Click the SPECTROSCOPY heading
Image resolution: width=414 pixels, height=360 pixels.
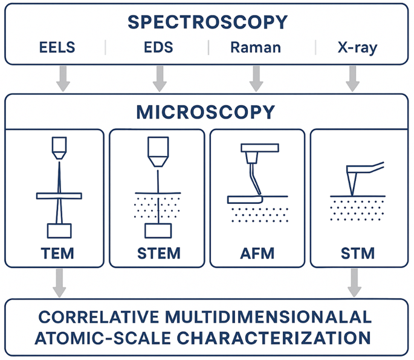[x=207, y=22]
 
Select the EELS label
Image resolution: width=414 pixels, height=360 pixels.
[x=59, y=47]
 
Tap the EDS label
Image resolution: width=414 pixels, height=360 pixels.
[x=160, y=47]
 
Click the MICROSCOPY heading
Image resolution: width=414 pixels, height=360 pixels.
[x=206, y=112]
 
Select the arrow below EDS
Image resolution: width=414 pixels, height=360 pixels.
[x=160, y=77]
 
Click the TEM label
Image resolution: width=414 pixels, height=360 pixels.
[x=59, y=252]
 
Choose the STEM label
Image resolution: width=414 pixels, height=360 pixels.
[x=158, y=252]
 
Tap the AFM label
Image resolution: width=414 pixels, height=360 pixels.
[x=256, y=252]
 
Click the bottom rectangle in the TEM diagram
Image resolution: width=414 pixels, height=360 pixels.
[x=59, y=231]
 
